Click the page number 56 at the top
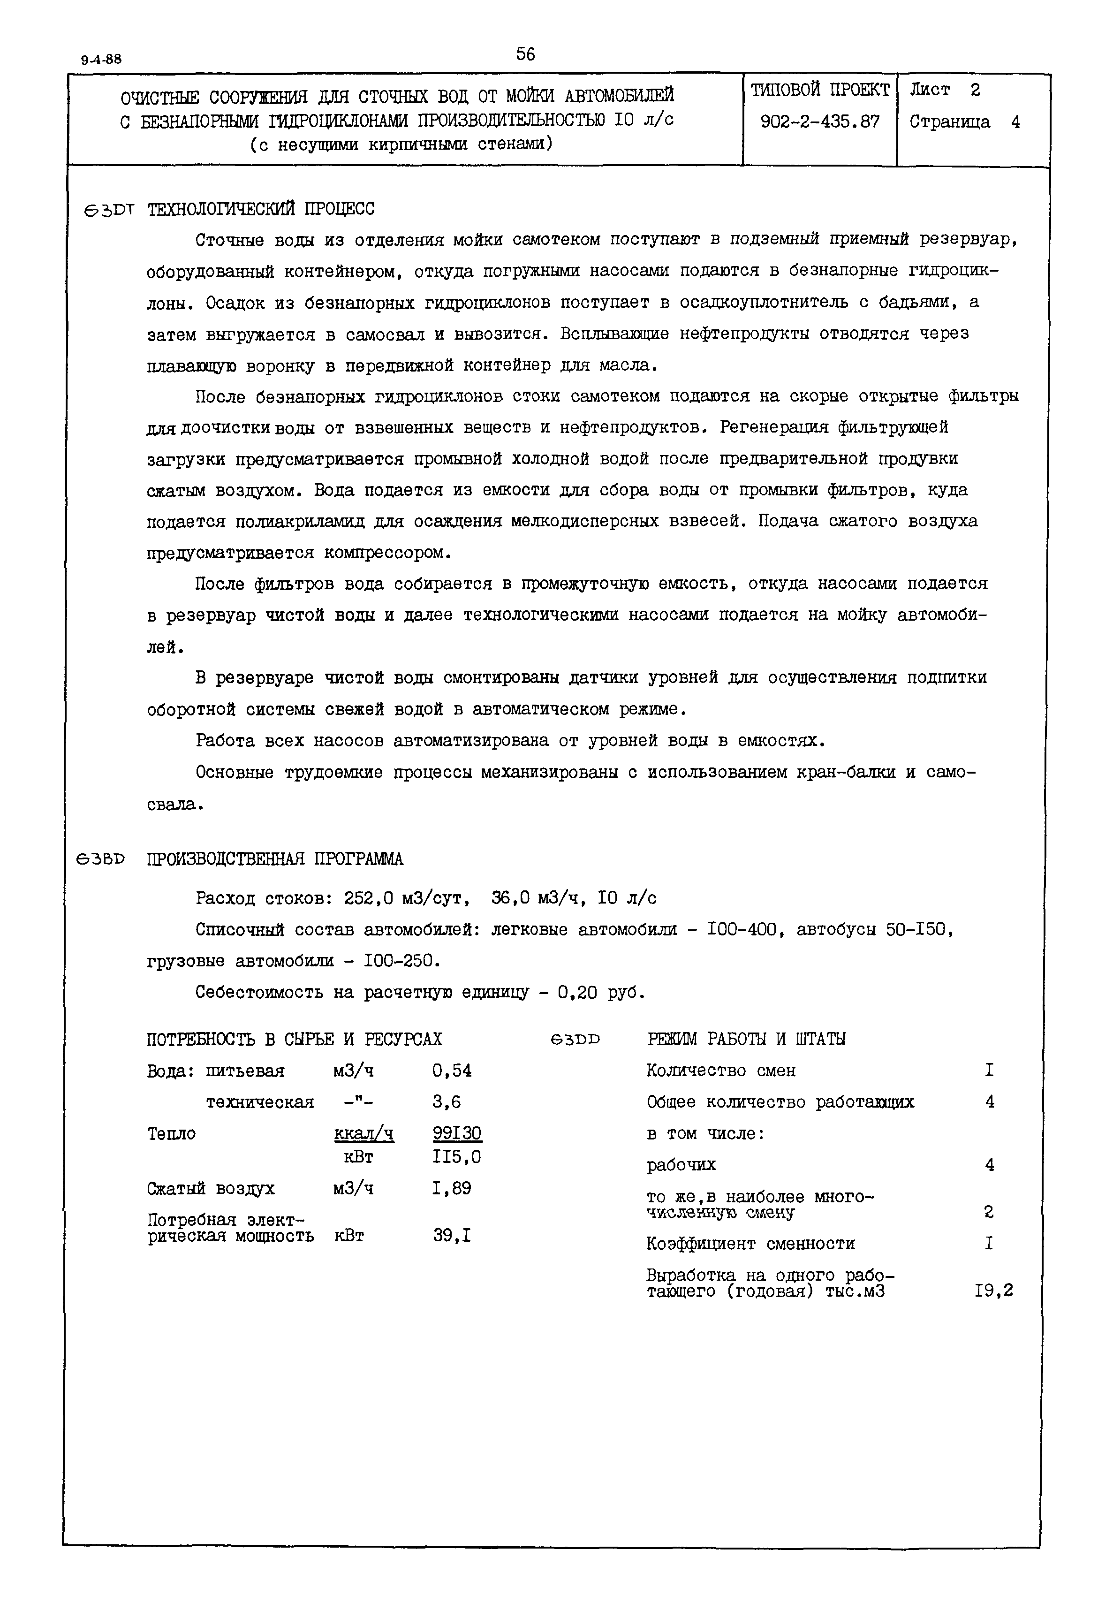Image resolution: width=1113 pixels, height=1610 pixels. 525,53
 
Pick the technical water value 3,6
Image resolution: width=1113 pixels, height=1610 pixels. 447,1102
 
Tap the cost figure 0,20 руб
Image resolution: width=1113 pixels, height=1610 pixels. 601,992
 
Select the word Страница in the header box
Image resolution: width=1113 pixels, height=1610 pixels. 949,122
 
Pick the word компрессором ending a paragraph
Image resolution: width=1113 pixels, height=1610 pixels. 386,553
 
